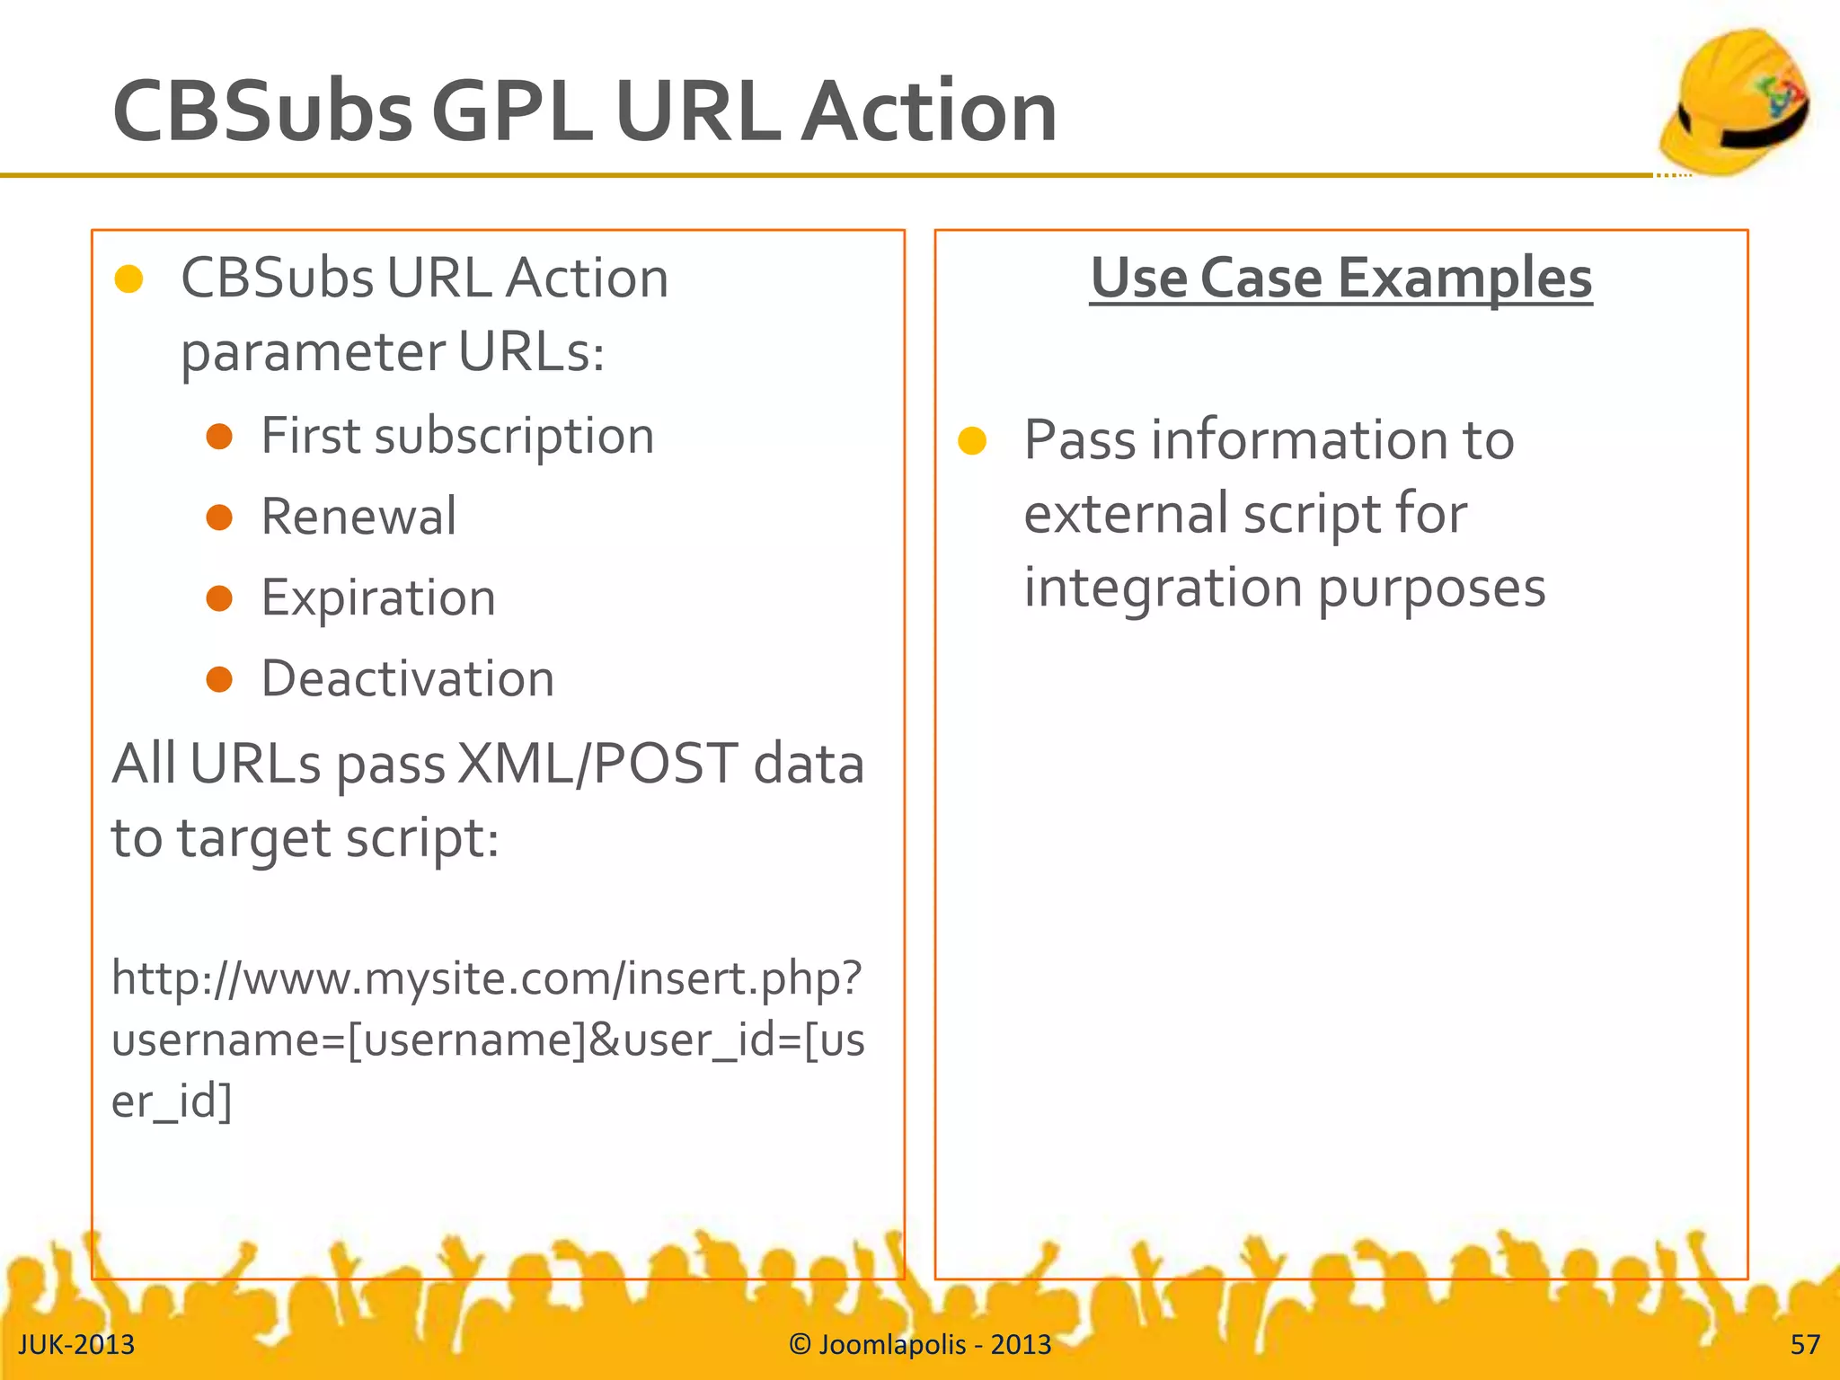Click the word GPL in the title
(x=512, y=111)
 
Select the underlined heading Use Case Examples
(x=1340, y=278)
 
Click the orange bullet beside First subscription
(x=219, y=437)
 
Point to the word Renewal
(x=358, y=517)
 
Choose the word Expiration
(x=378, y=598)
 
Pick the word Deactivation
(x=408, y=678)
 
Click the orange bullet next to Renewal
(x=219, y=517)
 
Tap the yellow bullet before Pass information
(x=972, y=441)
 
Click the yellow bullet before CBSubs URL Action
(x=129, y=279)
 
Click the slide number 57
(x=1805, y=1344)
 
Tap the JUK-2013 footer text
(x=76, y=1344)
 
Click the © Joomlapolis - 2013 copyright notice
(x=920, y=1344)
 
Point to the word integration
(x=1163, y=588)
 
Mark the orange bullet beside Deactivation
(x=219, y=679)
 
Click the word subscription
(x=514, y=437)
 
